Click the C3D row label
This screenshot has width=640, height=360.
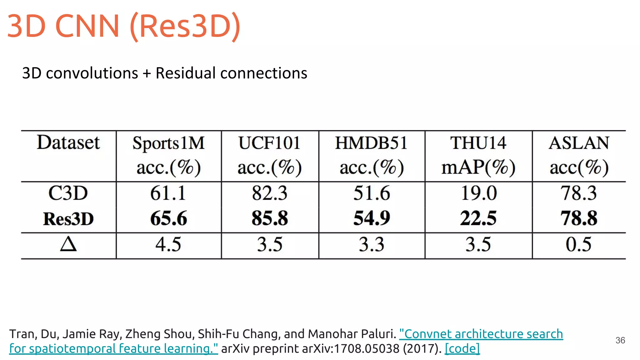click(x=68, y=193)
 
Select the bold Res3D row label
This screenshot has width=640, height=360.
click(x=68, y=219)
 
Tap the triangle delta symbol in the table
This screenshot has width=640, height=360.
click(x=68, y=244)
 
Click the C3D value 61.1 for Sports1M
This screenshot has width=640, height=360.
click(x=168, y=193)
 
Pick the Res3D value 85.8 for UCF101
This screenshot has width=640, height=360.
click(x=270, y=218)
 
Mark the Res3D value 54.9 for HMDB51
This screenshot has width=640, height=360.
click(x=372, y=218)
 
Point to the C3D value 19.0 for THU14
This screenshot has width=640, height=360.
click(x=479, y=193)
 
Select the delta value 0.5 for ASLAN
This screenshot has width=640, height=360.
click(x=578, y=244)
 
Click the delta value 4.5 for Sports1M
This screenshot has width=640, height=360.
click(x=168, y=244)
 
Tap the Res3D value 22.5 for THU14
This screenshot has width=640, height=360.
click(x=478, y=218)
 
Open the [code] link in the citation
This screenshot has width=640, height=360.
click(x=462, y=348)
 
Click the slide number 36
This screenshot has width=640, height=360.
click(x=620, y=340)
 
